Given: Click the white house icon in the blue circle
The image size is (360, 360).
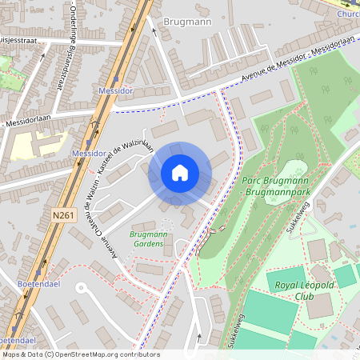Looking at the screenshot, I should [180, 173].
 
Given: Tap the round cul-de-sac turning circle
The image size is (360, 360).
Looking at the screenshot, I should [80, 286].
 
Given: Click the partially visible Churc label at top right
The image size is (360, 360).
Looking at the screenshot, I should [347, 14].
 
